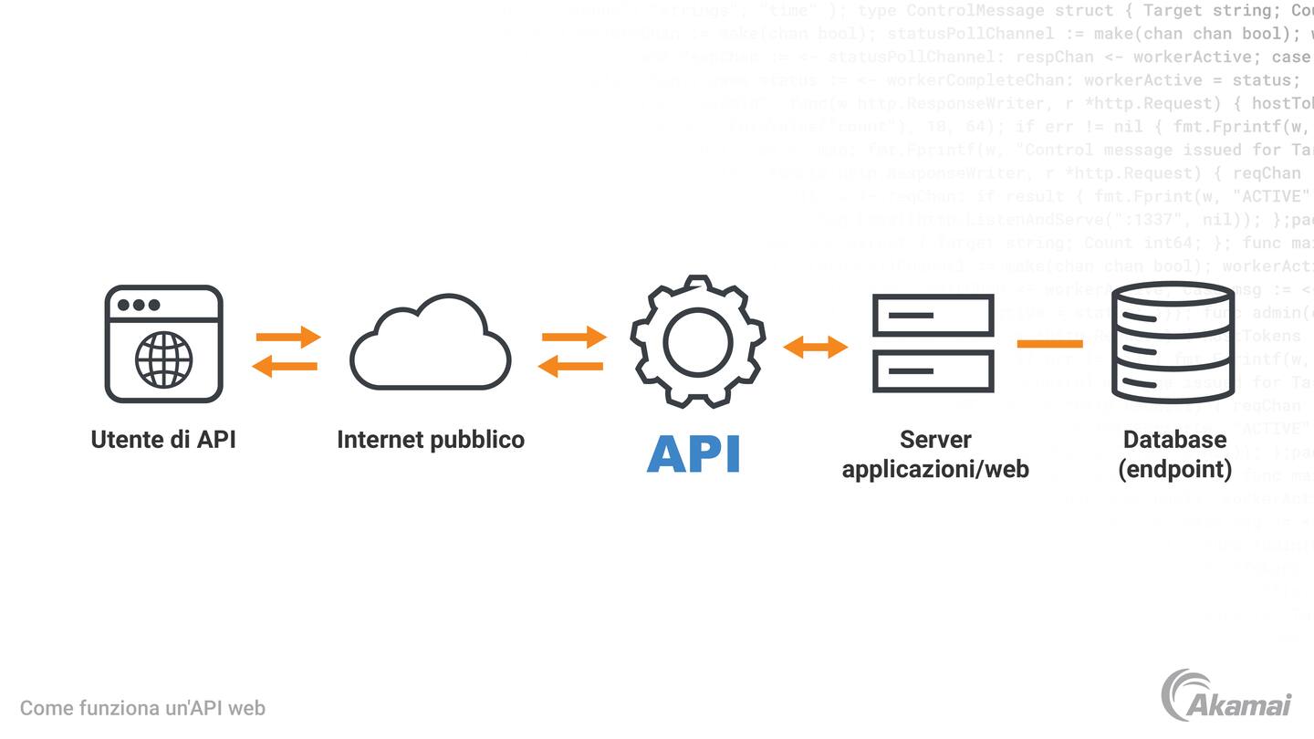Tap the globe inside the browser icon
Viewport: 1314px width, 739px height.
tap(164, 359)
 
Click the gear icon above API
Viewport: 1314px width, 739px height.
tap(697, 341)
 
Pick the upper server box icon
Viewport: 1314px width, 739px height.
tap(933, 315)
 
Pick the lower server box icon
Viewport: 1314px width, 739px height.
tap(933, 371)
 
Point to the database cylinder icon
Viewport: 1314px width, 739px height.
tap(1173, 343)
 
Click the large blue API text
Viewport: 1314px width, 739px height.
tap(693, 453)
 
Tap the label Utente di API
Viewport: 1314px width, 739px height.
tap(163, 440)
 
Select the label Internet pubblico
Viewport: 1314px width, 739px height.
tap(431, 440)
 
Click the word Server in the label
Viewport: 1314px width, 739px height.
tap(935, 440)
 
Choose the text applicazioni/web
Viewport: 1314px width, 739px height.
tap(935, 469)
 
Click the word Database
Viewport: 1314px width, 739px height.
tap(1174, 440)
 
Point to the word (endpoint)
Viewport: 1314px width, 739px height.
tap(1174, 469)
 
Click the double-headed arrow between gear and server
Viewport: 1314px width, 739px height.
tap(816, 347)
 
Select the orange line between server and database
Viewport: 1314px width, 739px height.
tap(1049, 344)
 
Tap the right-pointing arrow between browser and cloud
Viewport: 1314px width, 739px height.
tap(288, 337)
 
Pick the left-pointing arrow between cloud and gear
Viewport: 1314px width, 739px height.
tap(571, 367)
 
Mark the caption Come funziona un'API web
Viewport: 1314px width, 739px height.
tap(142, 708)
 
